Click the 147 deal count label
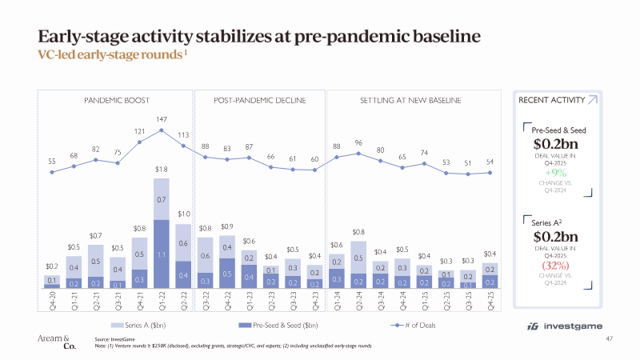[162, 118]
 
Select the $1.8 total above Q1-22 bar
[162, 170]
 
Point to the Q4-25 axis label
[490, 304]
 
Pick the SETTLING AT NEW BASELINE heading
[417, 102]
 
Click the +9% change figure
[556, 173]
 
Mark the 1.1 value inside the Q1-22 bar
[162, 254]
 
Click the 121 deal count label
[140, 131]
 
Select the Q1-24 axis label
[337, 304]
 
